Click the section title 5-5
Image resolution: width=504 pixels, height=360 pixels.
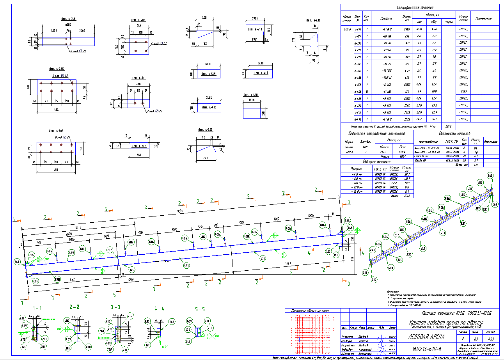click(199, 309)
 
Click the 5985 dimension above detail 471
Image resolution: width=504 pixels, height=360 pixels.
click(255, 18)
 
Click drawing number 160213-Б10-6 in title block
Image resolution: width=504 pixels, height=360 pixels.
click(425, 348)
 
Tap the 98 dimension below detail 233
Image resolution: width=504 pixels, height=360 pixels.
click(314, 61)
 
